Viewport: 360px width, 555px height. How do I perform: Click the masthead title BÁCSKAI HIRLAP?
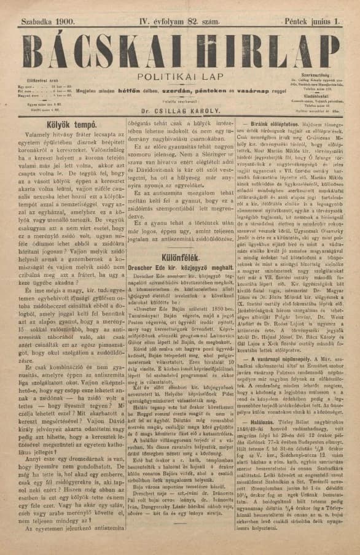tap(179, 47)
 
